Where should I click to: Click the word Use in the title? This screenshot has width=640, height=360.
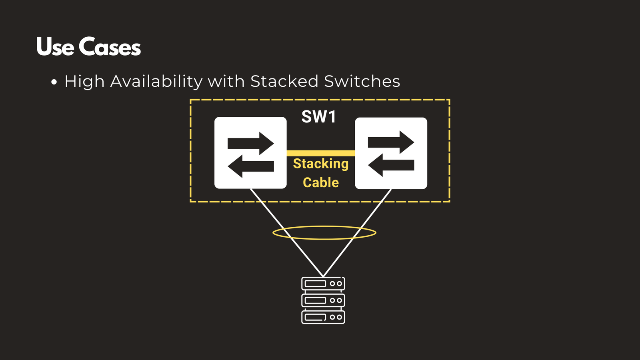click(x=55, y=47)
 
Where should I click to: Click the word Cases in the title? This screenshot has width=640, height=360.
click(x=110, y=47)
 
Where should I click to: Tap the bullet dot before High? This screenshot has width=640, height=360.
click(x=54, y=82)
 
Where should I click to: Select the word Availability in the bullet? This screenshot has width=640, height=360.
click(x=156, y=82)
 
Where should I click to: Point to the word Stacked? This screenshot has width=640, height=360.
click(x=284, y=81)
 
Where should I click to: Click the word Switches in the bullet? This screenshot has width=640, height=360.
click(x=362, y=81)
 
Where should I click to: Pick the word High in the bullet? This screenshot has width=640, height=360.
click(x=84, y=82)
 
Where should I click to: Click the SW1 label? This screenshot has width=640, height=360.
click(x=319, y=117)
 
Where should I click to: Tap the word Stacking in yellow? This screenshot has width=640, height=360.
click(x=321, y=164)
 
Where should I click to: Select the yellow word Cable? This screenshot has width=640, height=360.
click(x=321, y=182)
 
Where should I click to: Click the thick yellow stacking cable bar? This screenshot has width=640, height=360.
click(x=321, y=153)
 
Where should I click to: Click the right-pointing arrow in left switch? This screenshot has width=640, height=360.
click(x=250, y=143)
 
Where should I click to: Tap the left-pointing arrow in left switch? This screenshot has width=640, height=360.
click(x=250, y=166)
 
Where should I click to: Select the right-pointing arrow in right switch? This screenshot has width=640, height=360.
click(x=391, y=142)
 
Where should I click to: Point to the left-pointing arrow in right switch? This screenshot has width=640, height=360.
click(x=391, y=165)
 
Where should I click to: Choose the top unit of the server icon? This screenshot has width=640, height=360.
click(x=323, y=284)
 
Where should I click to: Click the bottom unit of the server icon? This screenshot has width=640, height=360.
click(x=323, y=317)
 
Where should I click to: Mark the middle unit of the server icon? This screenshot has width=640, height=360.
click(x=323, y=300)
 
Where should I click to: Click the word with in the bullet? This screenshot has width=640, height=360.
click(x=226, y=81)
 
